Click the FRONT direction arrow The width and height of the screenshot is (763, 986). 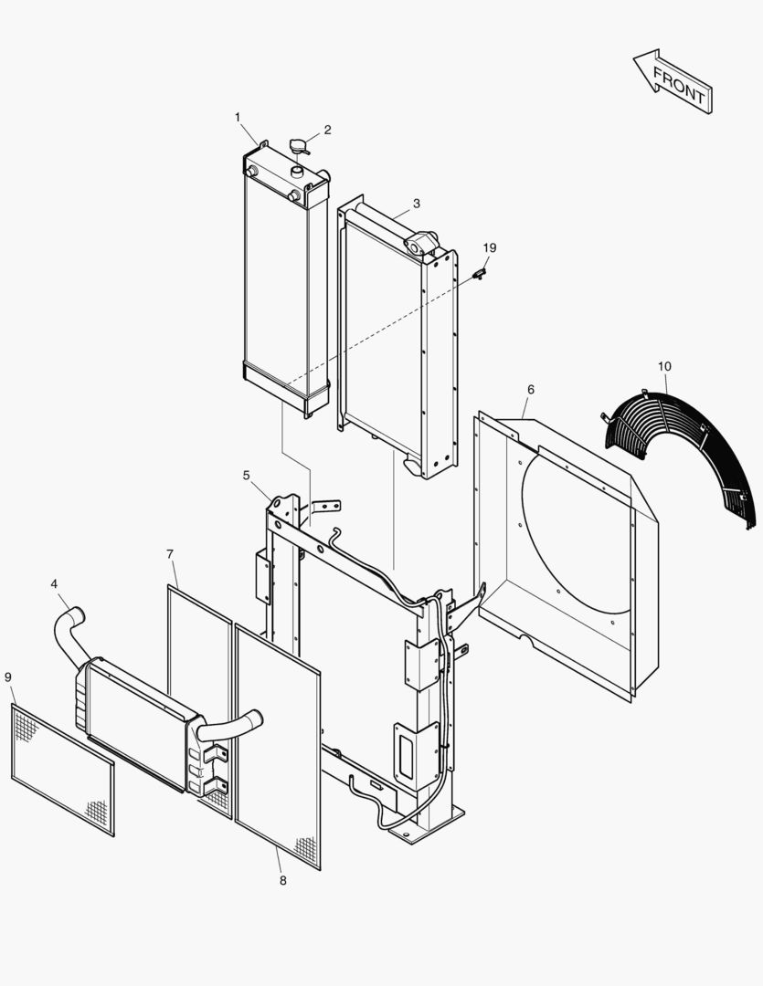point(673,82)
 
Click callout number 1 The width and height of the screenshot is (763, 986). point(238,117)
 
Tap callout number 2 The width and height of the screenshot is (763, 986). point(327,130)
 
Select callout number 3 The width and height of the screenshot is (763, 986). point(416,203)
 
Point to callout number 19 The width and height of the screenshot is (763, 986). point(490,248)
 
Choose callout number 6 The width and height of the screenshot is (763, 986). point(530,390)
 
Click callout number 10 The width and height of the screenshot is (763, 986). point(664,366)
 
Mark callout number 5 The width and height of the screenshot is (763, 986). point(246,475)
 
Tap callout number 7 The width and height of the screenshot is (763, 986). point(170,554)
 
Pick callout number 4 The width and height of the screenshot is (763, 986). point(54,583)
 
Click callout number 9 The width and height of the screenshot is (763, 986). point(8,677)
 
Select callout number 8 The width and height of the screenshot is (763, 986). point(282,880)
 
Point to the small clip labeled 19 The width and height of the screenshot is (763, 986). point(481,272)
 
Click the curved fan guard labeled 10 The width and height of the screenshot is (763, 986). point(685,447)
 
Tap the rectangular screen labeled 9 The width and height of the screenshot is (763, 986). point(62,770)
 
